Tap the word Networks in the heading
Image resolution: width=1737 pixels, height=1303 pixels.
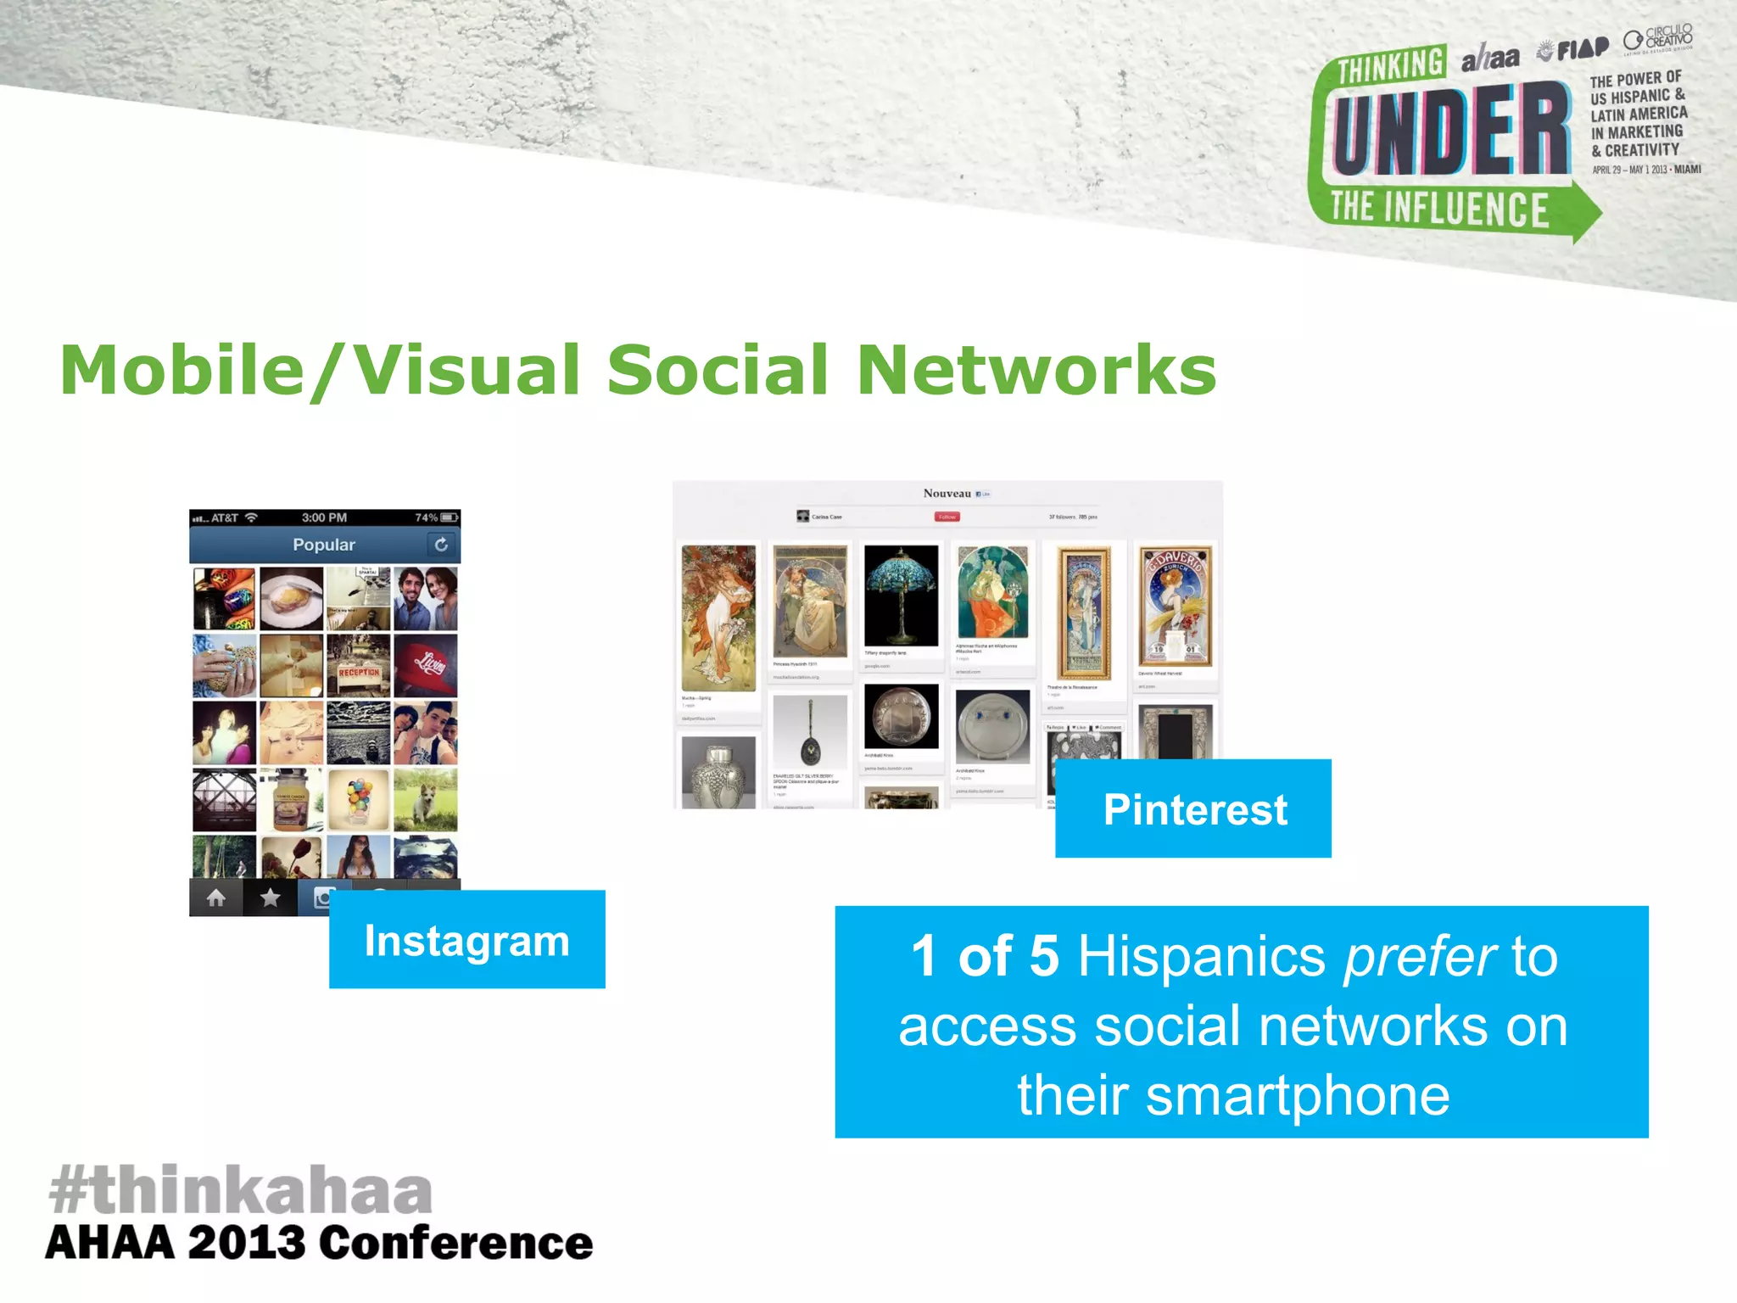click(x=1036, y=371)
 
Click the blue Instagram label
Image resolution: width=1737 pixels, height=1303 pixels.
click(x=466, y=940)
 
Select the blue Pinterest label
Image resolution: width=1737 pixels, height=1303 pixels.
click(x=1194, y=809)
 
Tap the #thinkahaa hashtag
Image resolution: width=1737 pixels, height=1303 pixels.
click(x=241, y=1190)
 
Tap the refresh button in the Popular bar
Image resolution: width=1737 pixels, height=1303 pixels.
click(x=441, y=545)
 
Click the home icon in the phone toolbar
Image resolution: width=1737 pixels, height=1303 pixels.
click(x=216, y=898)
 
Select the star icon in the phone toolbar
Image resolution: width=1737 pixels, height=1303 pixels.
click(x=270, y=898)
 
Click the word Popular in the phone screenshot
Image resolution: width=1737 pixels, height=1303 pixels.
click(x=324, y=545)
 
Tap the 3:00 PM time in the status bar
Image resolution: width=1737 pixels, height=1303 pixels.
click(x=324, y=517)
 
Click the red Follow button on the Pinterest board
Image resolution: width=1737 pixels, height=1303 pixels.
click(x=947, y=517)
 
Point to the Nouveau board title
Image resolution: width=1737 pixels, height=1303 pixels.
click(x=947, y=494)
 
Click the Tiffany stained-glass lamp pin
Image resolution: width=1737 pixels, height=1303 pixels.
click(x=901, y=596)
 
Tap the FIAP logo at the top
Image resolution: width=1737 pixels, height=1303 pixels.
click(x=1574, y=50)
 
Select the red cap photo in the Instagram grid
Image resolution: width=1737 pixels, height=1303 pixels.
click(x=426, y=665)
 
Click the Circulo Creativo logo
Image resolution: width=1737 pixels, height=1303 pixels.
click(x=1659, y=39)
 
